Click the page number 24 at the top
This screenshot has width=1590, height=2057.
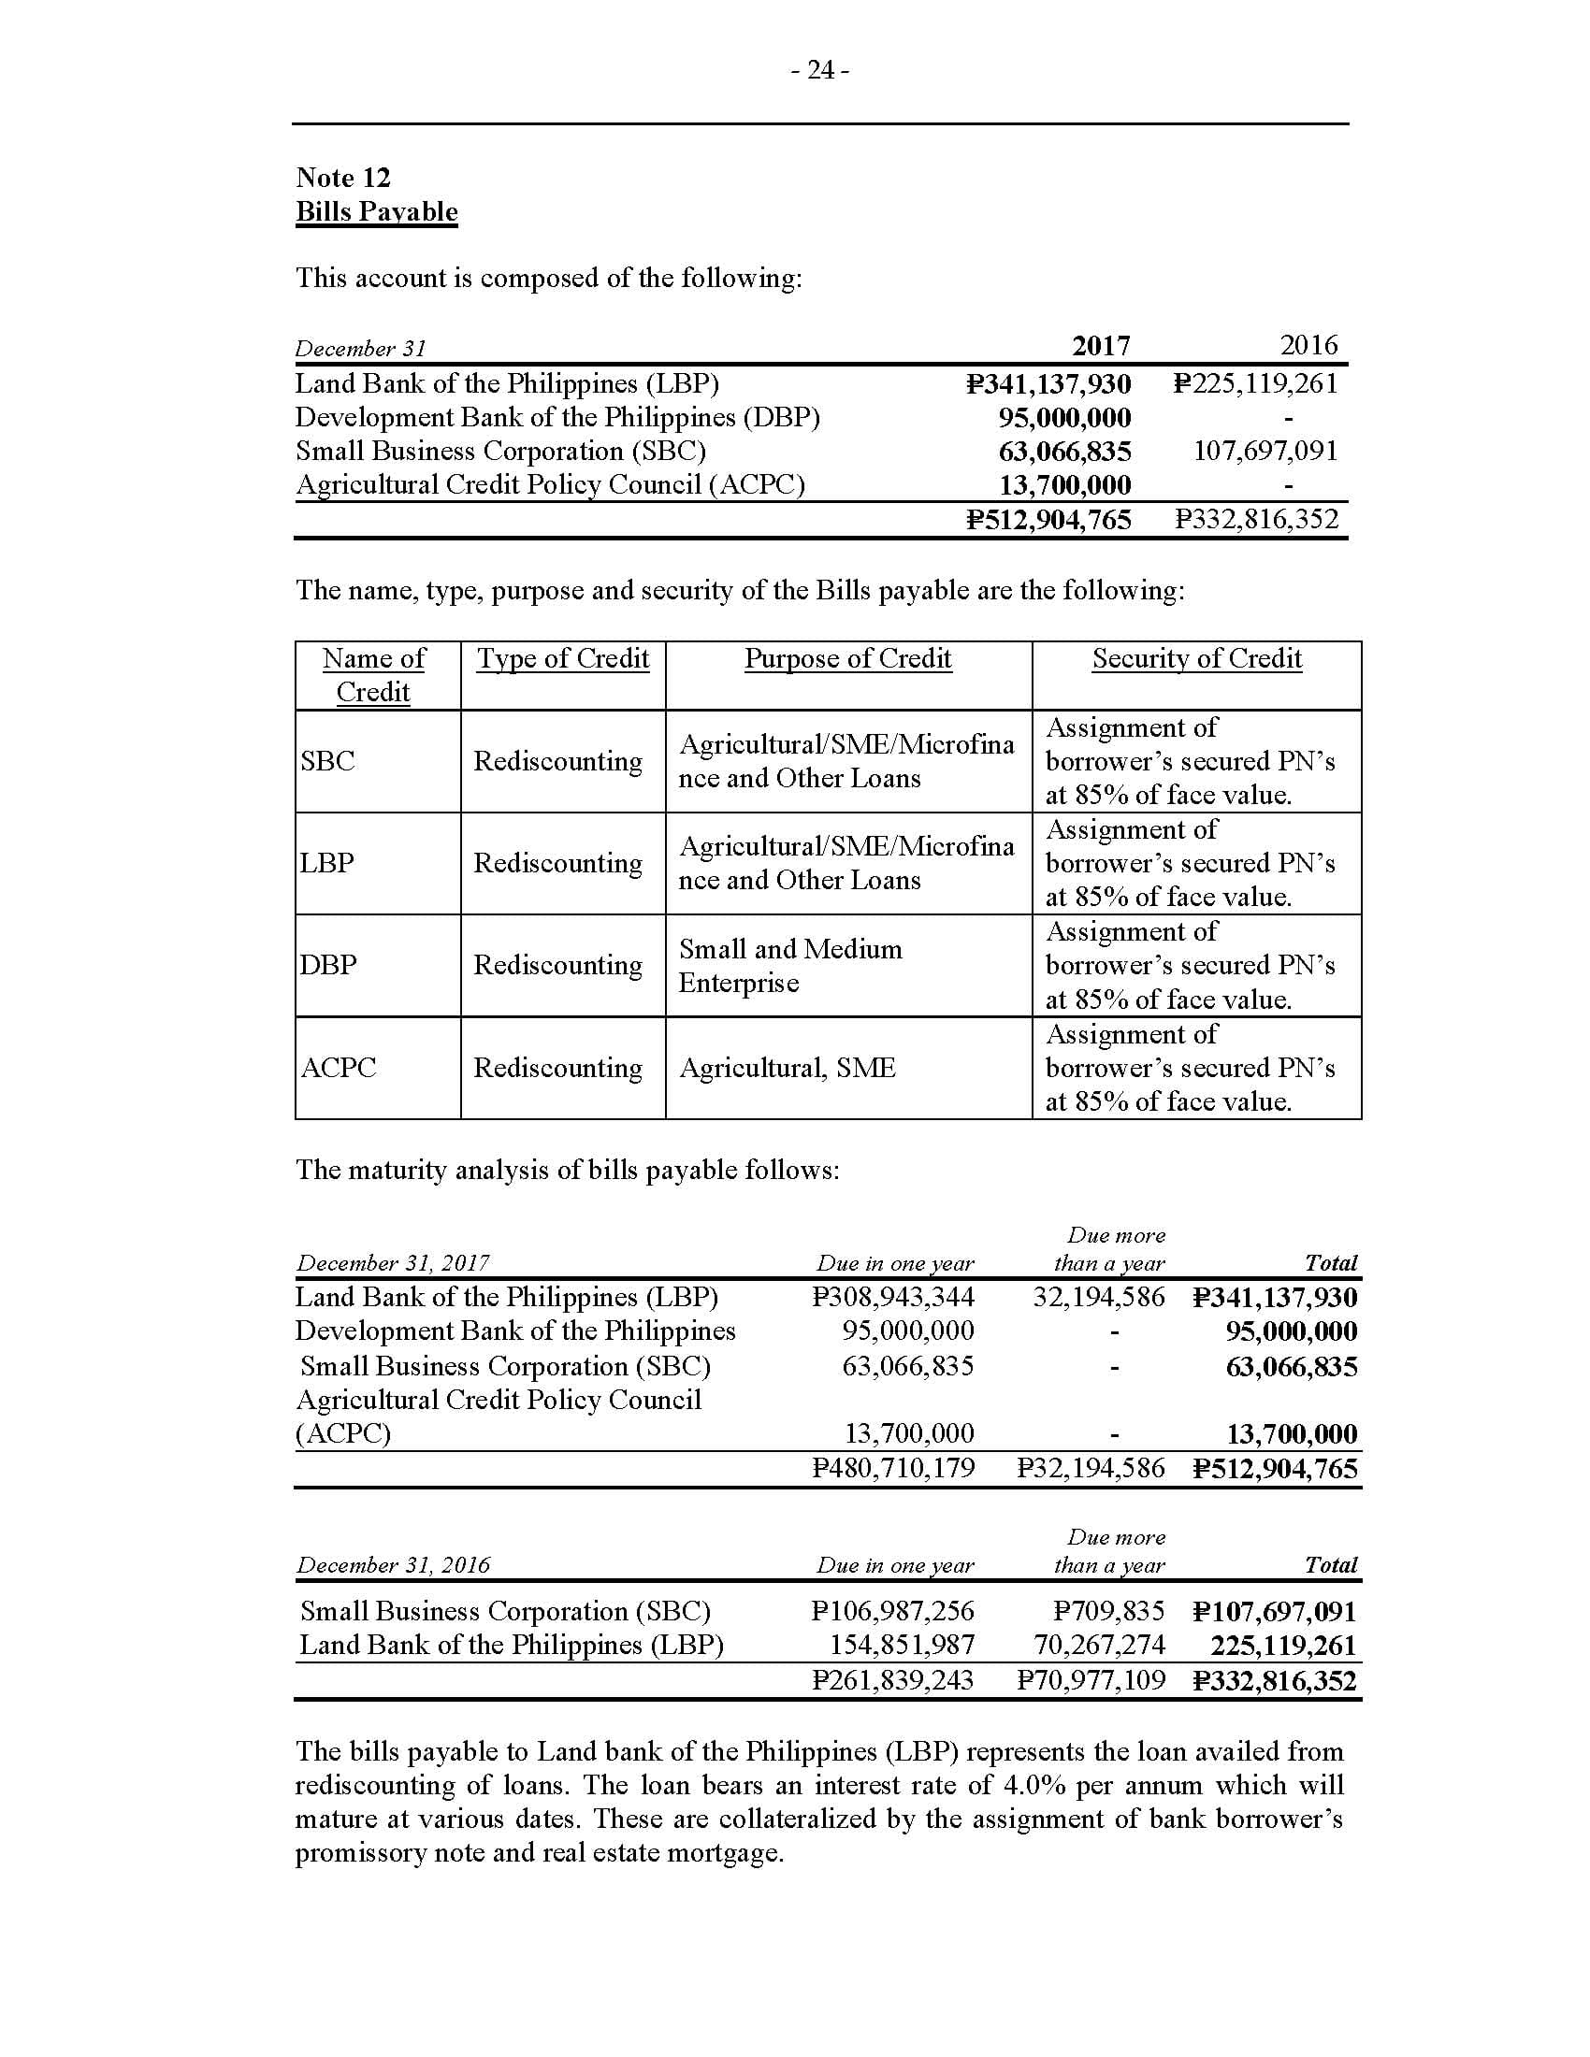pos(819,71)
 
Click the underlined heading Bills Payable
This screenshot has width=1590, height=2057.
pos(377,211)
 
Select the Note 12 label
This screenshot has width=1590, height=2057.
pos(343,177)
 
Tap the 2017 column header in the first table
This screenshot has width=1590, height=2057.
pos(1100,346)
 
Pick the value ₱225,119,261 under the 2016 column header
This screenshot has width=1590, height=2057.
pos(1255,383)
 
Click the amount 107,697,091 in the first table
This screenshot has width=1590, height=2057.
pos(1265,452)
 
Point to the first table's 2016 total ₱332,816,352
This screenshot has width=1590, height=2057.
pos(1255,519)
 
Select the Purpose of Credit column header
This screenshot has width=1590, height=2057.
pos(847,658)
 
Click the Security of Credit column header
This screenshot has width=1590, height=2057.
pos(1196,658)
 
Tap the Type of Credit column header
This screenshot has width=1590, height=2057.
pos(562,658)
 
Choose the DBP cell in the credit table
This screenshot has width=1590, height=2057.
pos(327,965)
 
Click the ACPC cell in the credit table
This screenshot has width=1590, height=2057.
pos(339,1067)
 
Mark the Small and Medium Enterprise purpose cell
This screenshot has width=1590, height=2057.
pos(789,966)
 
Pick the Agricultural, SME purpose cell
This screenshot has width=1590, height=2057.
pos(787,1067)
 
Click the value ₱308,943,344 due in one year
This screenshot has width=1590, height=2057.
pos(893,1297)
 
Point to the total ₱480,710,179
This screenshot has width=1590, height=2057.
pos(893,1467)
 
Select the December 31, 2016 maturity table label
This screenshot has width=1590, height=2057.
pos(393,1564)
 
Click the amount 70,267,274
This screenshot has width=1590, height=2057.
pos(1099,1645)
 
